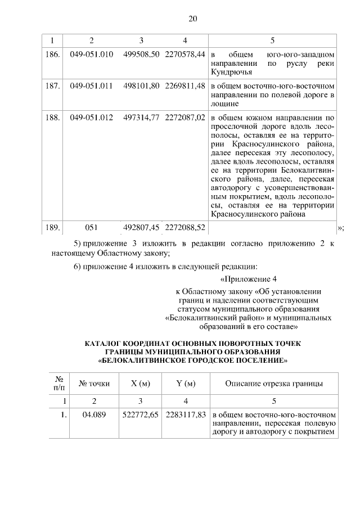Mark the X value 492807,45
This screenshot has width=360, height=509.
(141, 228)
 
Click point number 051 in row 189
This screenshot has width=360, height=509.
(92, 228)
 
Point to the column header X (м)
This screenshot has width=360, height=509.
(141, 384)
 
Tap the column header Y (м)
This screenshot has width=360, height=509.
(185, 384)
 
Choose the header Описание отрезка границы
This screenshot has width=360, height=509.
(273, 384)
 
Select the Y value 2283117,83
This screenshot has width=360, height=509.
(184, 415)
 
